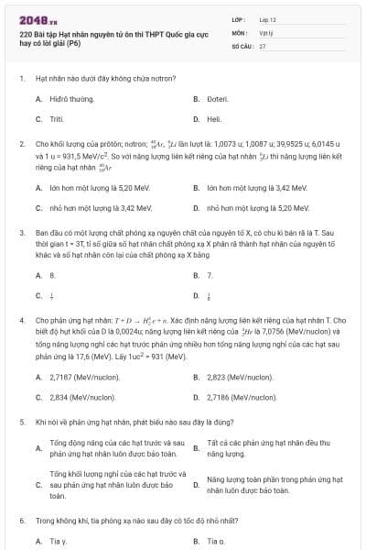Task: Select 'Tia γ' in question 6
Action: tap(58, 541)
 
